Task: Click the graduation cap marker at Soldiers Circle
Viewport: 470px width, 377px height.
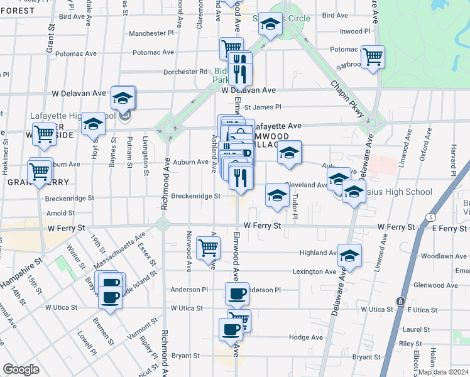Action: click(x=271, y=25)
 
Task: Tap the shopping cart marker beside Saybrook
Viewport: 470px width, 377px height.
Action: click(x=373, y=57)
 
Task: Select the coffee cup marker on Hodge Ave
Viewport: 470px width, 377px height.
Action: click(x=231, y=329)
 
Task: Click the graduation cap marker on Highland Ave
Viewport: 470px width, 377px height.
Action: click(x=350, y=255)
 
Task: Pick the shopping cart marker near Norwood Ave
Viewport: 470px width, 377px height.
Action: click(x=208, y=247)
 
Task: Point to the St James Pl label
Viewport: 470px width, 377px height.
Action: click(x=263, y=107)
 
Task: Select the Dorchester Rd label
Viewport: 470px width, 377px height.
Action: click(x=185, y=72)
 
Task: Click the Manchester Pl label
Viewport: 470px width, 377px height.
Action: click(x=154, y=33)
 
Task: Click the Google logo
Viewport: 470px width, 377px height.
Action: click(x=21, y=369)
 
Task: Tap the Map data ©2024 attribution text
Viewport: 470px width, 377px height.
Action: click(x=444, y=371)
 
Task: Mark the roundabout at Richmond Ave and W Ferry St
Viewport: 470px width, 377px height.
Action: click(x=163, y=223)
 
